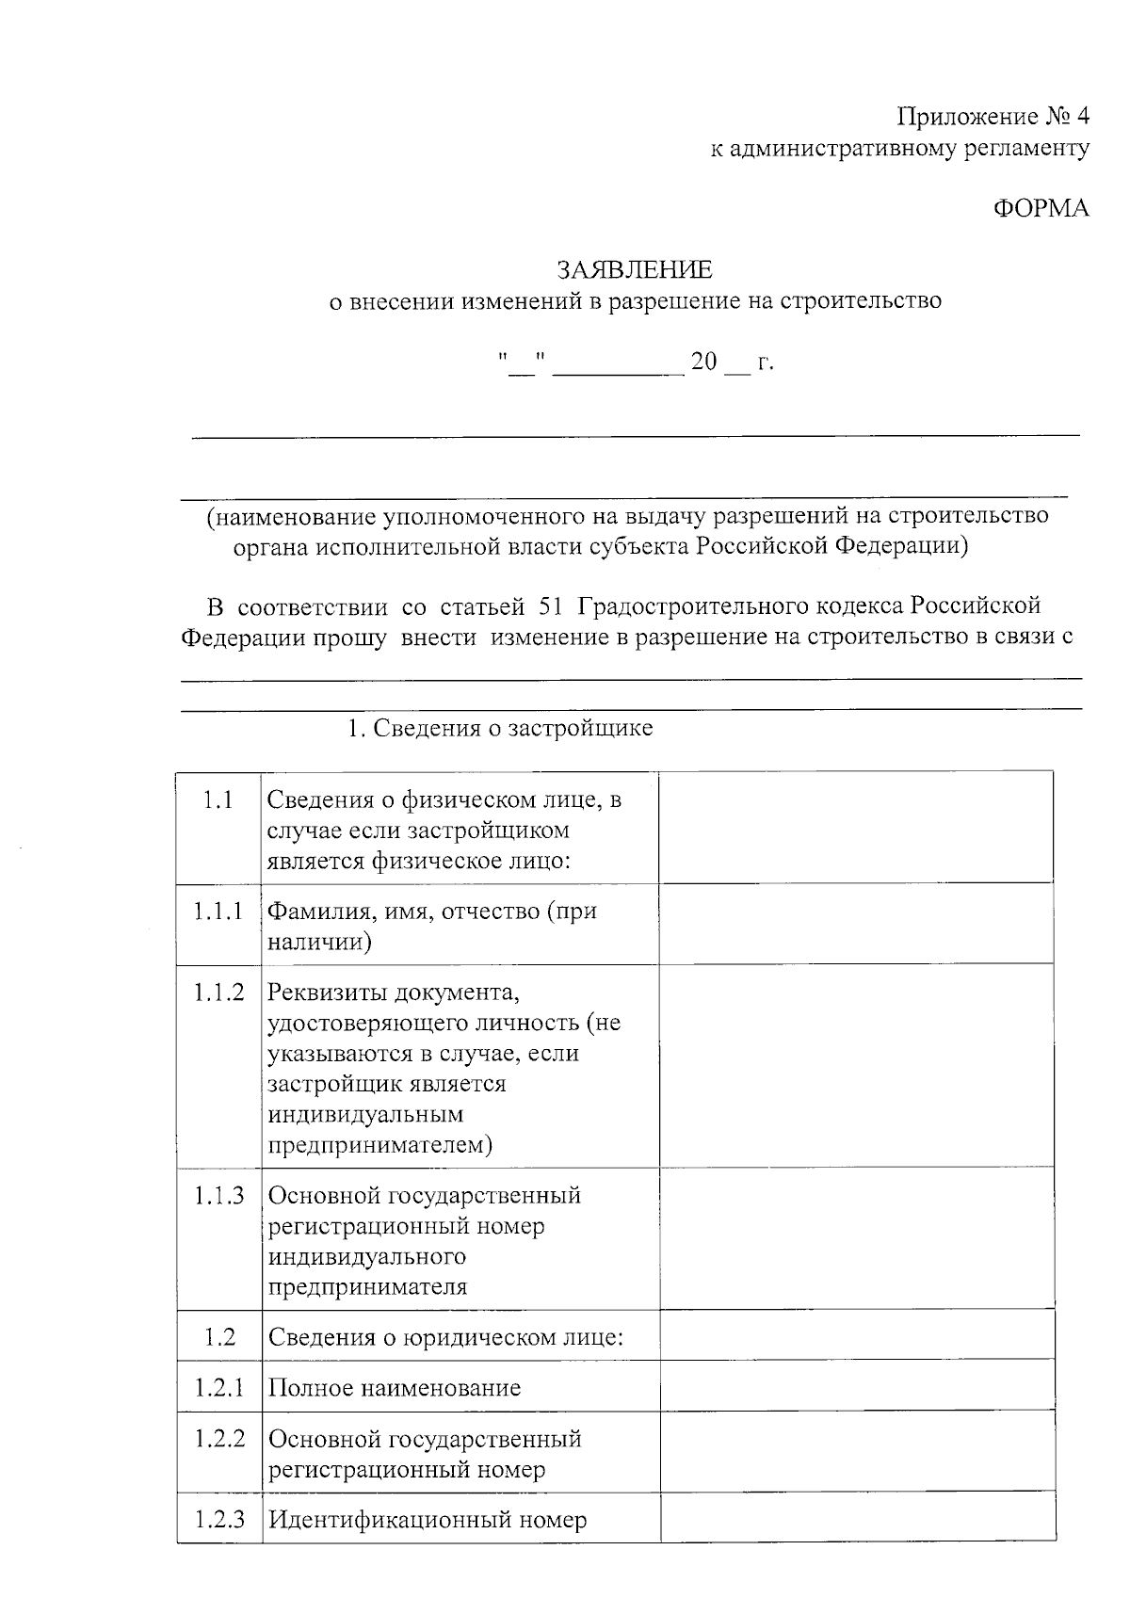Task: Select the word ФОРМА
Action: [1041, 208]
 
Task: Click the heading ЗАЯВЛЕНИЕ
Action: [635, 270]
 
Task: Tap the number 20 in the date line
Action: [703, 362]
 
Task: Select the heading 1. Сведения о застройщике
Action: [500, 728]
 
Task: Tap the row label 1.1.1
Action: [218, 911]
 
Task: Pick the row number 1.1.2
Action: [218, 992]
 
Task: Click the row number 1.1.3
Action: [218, 1195]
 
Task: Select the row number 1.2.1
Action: [218, 1387]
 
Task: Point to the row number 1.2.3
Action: [218, 1519]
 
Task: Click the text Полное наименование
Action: [394, 1388]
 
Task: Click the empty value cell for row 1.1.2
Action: [855, 1065]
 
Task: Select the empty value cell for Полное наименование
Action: [855, 1384]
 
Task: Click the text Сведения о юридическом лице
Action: [445, 1337]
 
